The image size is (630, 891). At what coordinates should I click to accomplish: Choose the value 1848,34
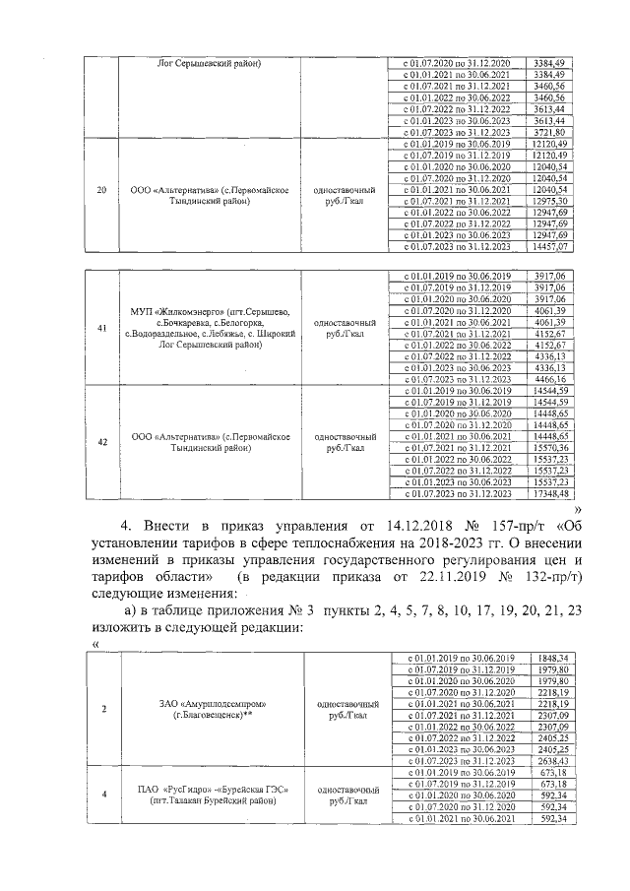[552, 657]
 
